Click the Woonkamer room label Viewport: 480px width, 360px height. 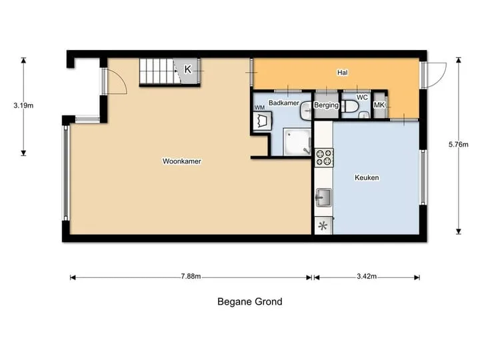click(x=182, y=161)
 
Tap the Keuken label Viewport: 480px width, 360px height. click(x=367, y=177)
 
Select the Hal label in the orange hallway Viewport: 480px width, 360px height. click(x=342, y=73)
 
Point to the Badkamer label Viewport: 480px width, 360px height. click(x=284, y=103)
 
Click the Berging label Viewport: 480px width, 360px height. click(x=326, y=105)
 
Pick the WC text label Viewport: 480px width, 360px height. click(x=362, y=97)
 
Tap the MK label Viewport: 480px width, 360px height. click(x=379, y=105)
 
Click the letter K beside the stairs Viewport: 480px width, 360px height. click(x=187, y=69)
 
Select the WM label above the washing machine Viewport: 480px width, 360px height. click(x=259, y=107)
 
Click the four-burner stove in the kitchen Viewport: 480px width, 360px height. click(x=324, y=157)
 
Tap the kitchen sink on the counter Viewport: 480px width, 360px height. click(x=323, y=197)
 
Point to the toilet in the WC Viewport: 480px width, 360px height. click(x=350, y=107)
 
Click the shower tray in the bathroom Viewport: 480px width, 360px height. click(x=297, y=142)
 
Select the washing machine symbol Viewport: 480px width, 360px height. click(x=263, y=121)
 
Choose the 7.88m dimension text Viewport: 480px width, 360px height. click(x=191, y=277)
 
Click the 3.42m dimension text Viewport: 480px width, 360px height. click(x=367, y=277)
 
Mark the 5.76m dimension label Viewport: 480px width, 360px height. click(x=458, y=145)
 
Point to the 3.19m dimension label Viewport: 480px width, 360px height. click(x=23, y=105)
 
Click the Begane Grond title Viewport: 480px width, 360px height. click(x=250, y=302)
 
